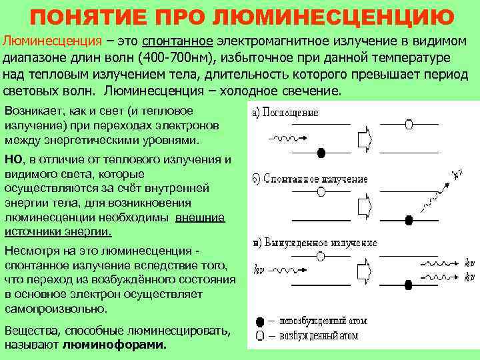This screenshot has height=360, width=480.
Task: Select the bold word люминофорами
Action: click(x=115, y=345)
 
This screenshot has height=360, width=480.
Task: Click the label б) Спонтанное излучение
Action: click(x=309, y=179)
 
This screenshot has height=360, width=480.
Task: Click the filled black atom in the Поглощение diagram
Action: click(x=321, y=153)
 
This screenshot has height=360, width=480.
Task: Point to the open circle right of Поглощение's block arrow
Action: click(x=408, y=123)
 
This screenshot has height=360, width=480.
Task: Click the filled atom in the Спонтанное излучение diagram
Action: click(x=409, y=217)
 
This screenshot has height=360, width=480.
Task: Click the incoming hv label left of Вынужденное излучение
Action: click(x=259, y=270)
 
